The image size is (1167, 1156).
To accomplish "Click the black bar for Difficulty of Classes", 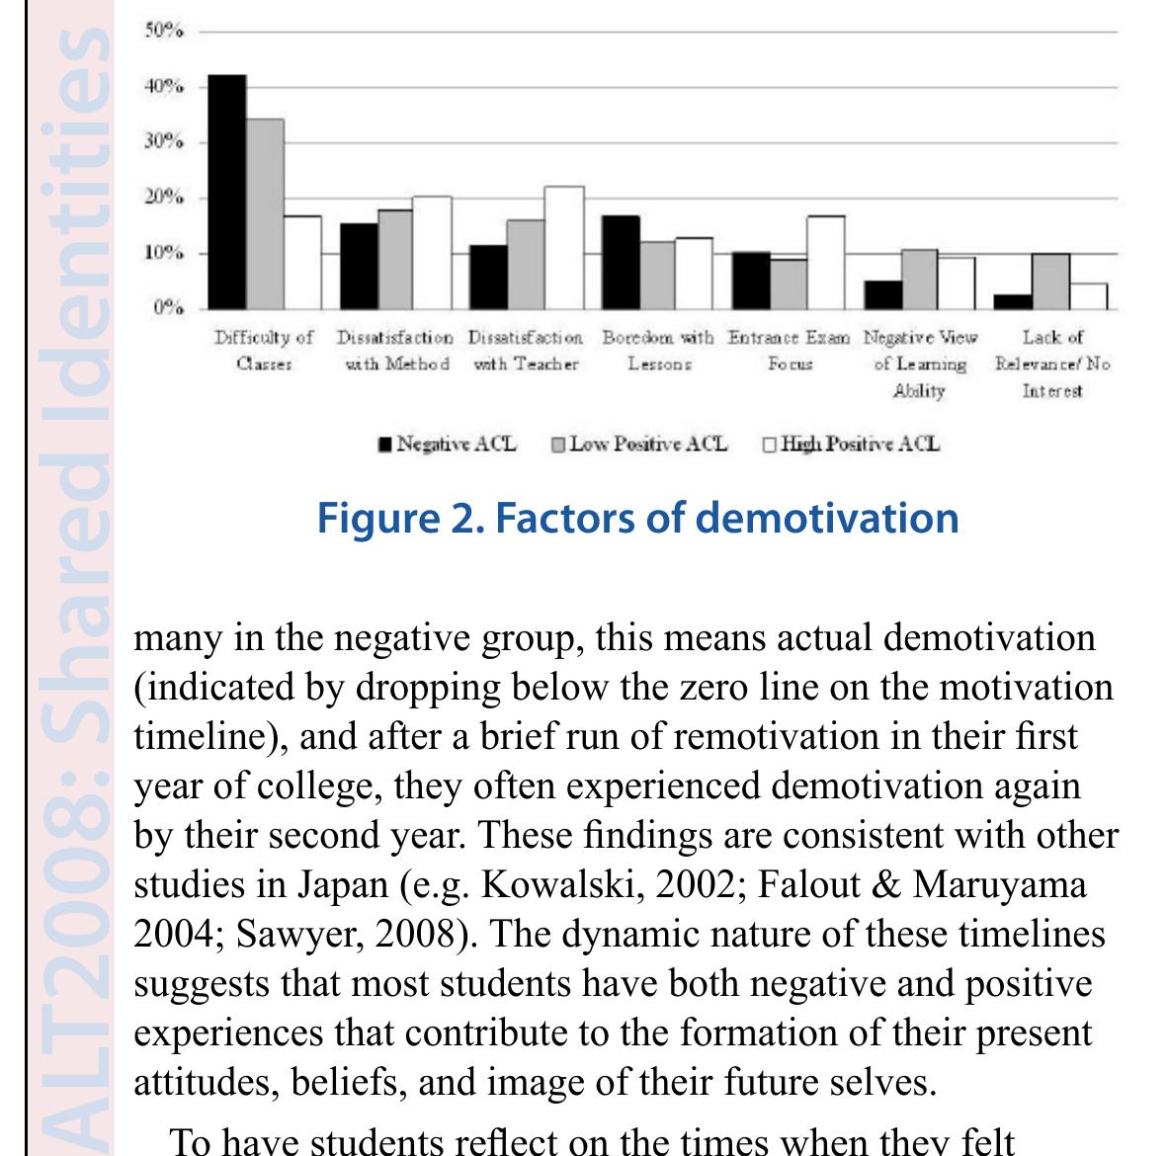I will (x=226, y=192).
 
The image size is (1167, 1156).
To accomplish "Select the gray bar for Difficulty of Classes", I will (x=265, y=213).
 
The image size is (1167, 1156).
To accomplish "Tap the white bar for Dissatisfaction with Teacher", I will (x=563, y=247).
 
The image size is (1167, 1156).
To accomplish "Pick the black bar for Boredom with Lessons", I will (x=621, y=262).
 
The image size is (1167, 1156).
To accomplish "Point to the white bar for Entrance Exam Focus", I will (x=825, y=262).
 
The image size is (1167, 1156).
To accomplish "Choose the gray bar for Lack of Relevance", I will (x=1050, y=282).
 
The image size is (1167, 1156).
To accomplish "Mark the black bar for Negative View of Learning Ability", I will (x=882, y=294).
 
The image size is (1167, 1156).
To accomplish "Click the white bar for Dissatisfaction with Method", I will (x=432, y=252).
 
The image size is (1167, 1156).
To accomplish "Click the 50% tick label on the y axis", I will (x=164, y=31).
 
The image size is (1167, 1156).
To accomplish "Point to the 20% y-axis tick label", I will (x=164, y=198).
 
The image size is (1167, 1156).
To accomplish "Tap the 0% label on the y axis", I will (x=167, y=308).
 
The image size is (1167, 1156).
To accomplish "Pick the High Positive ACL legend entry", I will (x=851, y=444).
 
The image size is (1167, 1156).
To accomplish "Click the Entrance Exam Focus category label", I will (x=789, y=350).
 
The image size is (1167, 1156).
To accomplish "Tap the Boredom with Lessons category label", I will (x=658, y=350).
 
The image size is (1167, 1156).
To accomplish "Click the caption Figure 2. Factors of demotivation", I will (x=637, y=518).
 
